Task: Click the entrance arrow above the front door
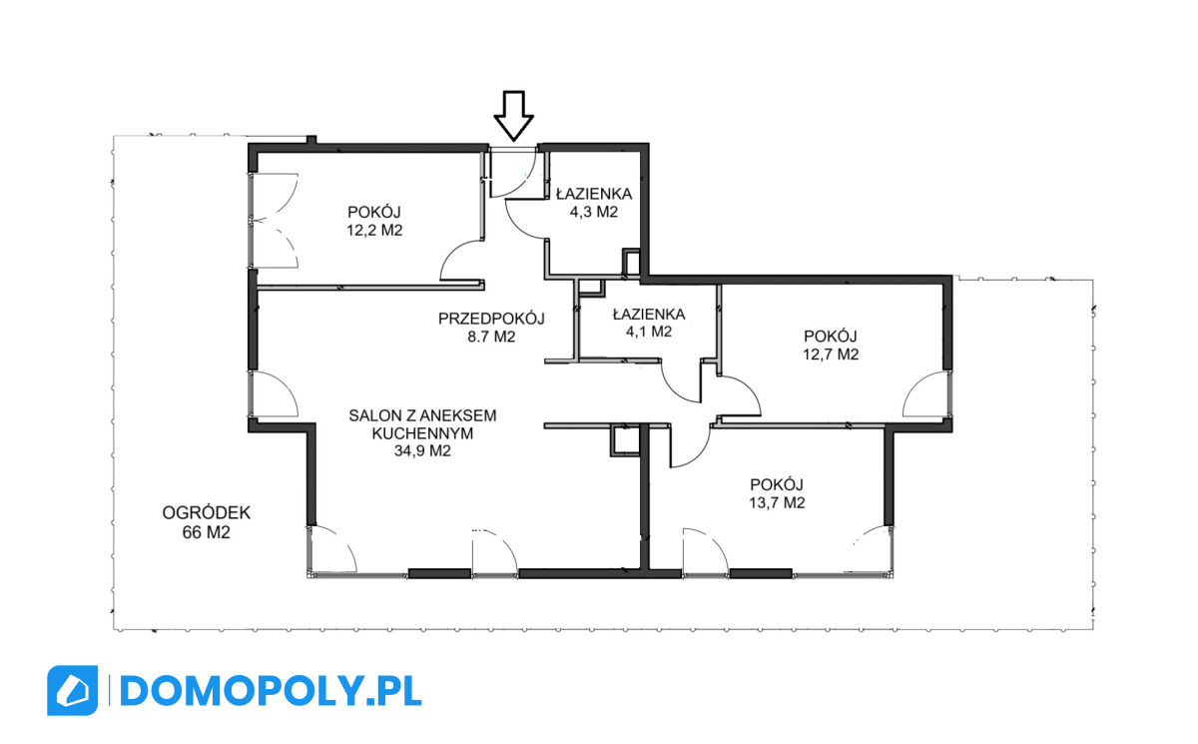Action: [x=513, y=116]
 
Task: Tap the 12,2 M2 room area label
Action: [x=374, y=231]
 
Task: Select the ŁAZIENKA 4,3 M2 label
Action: [x=594, y=202]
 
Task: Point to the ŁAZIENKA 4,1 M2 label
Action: [x=649, y=323]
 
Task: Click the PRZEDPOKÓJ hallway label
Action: [x=491, y=319]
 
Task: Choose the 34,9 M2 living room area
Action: [x=422, y=450]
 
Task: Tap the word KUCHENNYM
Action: [x=422, y=433]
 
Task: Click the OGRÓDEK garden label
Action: [x=207, y=513]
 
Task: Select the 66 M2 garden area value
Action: [x=207, y=532]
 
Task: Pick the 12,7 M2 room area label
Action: [x=831, y=355]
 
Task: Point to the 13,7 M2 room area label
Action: [x=777, y=502]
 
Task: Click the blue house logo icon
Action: [x=72, y=690]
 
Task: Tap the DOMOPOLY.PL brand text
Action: [x=271, y=691]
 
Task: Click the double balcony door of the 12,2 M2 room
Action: [x=274, y=221]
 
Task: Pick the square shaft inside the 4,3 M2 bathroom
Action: [x=632, y=262]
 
